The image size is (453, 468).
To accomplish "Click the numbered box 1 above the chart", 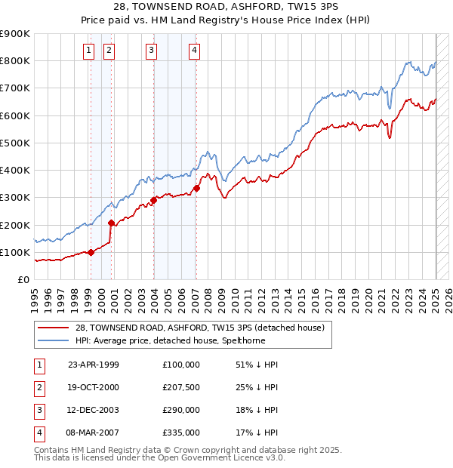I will click(x=88, y=51).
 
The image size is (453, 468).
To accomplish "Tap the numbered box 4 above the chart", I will click(x=194, y=51).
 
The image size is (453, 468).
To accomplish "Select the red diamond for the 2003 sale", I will click(x=153, y=200).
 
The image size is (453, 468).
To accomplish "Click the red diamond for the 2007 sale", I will click(x=196, y=188).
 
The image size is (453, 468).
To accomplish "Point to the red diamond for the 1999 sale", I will click(x=91, y=252).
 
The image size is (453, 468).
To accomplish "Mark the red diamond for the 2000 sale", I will click(x=111, y=223).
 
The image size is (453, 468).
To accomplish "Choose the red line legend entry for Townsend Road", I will click(x=199, y=327).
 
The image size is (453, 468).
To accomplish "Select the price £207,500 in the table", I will click(x=181, y=387).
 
